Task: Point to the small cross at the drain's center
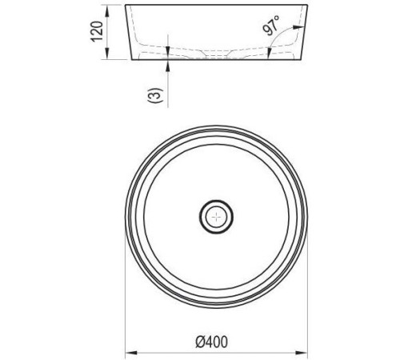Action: coord(215,214)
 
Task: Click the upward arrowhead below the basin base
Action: coord(166,63)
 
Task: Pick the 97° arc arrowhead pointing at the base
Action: coord(270,55)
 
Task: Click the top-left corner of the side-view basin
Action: coord(126,6)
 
